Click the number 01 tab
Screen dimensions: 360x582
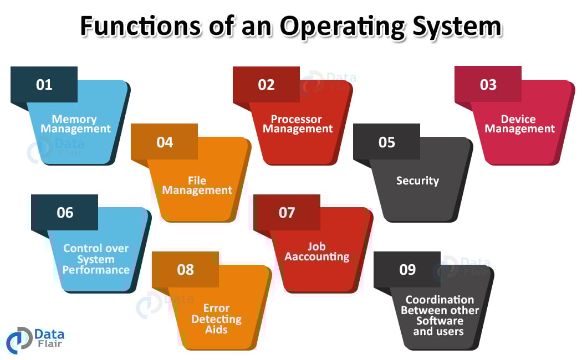coord(44,85)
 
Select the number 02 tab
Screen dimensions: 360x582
coord(266,85)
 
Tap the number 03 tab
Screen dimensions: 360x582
coord(488,85)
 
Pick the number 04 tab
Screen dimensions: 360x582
coord(165,142)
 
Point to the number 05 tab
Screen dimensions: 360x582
coord(386,142)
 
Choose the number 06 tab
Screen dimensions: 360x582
coord(65,213)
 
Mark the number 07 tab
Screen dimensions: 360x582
coord(287,213)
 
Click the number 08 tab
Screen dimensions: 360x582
coord(185,270)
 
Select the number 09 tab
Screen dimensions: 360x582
coord(407,270)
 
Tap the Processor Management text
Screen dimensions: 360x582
coord(298,124)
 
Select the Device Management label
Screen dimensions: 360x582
coord(519,124)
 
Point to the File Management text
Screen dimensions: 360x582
coord(197,186)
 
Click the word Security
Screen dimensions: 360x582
coord(417,181)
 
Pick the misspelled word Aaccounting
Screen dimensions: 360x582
coord(317,257)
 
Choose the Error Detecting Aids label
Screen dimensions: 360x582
coord(216,318)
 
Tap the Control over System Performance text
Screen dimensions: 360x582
coord(96,259)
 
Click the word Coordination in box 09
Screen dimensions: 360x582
coord(440,300)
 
